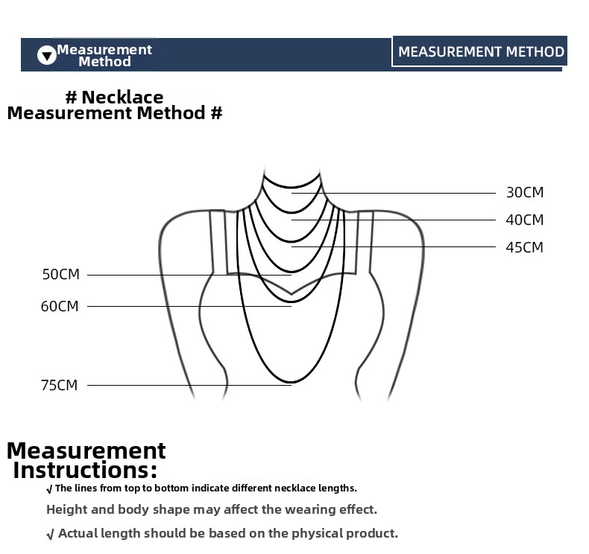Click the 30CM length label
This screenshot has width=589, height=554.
click(525, 192)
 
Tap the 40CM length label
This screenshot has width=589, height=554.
click(524, 220)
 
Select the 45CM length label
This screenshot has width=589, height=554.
click(524, 247)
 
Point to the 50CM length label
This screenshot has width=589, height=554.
click(61, 275)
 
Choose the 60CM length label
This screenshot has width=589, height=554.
click(60, 307)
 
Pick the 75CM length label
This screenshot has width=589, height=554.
click(60, 385)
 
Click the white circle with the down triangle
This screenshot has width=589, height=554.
click(46, 55)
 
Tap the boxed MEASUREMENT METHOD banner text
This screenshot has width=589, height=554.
click(481, 52)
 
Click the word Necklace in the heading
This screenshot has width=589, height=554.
click(122, 97)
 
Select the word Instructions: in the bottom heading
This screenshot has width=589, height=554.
click(85, 470)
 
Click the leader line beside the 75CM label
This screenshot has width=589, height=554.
click(189, 385)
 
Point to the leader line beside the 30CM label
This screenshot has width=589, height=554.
click(394, 193)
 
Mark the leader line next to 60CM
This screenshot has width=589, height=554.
click(189, 307)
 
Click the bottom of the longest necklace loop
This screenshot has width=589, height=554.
click(291, 383)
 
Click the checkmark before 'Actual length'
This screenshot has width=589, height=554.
click(51, 534)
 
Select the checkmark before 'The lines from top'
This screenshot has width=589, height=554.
click(49, 489)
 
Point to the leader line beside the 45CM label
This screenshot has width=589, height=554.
click(394, 246)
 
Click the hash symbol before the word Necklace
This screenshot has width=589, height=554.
click(71, 98)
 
